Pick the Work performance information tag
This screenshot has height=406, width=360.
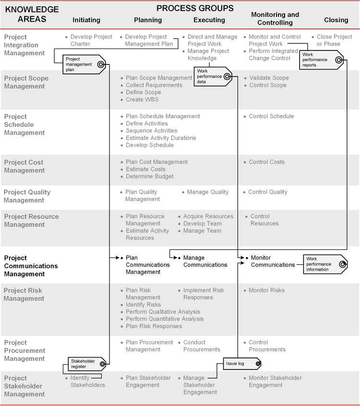click(324, 264)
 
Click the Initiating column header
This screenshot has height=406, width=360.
click(86, 20)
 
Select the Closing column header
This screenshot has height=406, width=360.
click(336, 20)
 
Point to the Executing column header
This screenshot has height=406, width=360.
click(209, 20)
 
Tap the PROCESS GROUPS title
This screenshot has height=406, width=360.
click(195, 8)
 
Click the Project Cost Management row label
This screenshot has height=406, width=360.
click(24, 166)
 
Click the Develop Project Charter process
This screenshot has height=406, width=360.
click(91, 40)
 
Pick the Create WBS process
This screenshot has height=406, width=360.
click(142, 99)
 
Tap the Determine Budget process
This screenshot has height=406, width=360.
click(150, 176)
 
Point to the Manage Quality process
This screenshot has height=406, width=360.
click(208, 192)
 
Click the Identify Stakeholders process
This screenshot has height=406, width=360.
click(87, 381)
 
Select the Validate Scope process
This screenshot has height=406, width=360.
click(269, 78)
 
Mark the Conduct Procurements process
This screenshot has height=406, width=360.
click(202, 346)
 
